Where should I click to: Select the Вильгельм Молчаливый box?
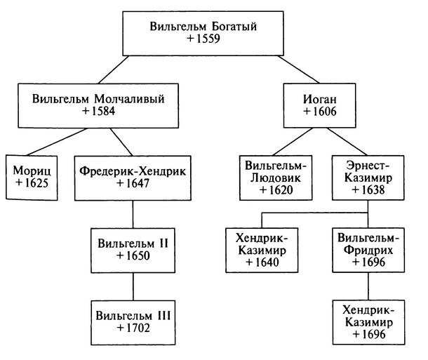[x=98, y=105]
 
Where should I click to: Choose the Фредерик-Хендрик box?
[x=133, y=178]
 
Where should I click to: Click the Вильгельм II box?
[x=133, y=249]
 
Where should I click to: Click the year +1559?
[x=203, y=40]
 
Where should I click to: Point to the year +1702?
[x=133, y=328]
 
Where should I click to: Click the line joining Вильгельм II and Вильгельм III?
[x=133, y=285]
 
